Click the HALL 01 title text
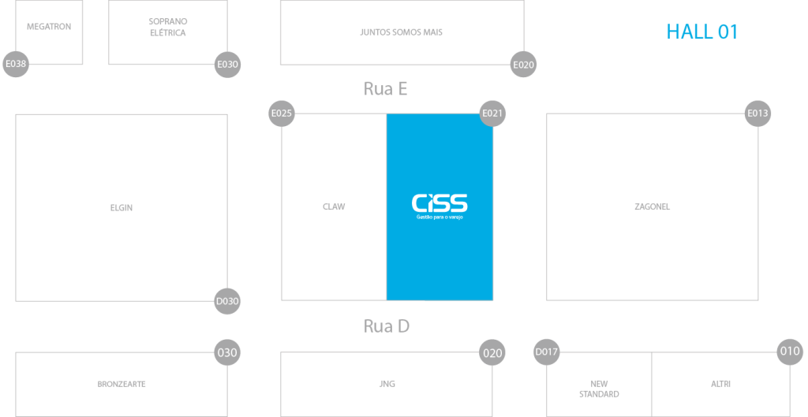(x=701, y=32)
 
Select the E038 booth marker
(x=16, y=65)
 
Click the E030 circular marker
(x=227, y=65)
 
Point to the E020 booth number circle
(x=523, y=65)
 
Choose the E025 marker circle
(x=282, y=114)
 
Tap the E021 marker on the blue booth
(x=492, y=114)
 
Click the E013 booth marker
(x=758, y=114)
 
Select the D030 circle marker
(x=227, y=301)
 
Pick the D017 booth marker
(x=547, y=352)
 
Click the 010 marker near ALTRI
(x=790, y=352)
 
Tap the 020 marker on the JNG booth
(x=492, y=353)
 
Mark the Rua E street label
(x=385, y=89)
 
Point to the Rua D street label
(x=386, y=326)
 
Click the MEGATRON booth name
(x=49, y=27)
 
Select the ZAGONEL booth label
(x=652, y=207)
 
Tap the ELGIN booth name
(x=122, y=208)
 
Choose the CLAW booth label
(x=334, y=207)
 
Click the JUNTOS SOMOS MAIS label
(x=401, y=33)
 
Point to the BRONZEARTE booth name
(x=122, y=385)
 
